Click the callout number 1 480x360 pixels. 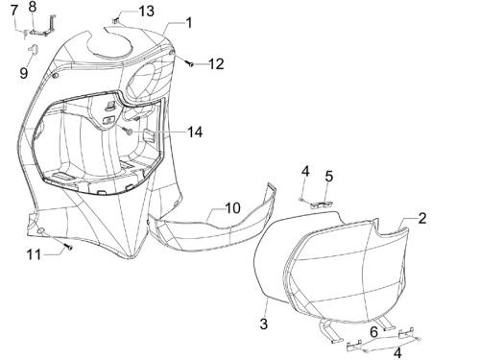tap(189, 23)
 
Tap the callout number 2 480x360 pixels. tap(422, 218)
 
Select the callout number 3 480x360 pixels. tap(263, 324)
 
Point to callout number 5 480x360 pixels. tap(329, 177)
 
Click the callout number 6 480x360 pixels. tap(373, 332)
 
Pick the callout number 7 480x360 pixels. tap(14, 11)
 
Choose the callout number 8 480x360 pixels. tap(33, 7)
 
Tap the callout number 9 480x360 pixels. tap(24, 73)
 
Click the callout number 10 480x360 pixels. tap(233, 208)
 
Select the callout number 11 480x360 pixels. tap(34, 255)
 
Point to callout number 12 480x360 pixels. tap(216, 64)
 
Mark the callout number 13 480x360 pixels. tap(147, 12)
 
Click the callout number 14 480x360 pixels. tap(195, 132)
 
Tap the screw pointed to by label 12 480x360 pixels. tap(190, 63)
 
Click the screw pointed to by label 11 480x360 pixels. tap(68, 247)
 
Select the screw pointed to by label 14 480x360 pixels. tap(129, 131)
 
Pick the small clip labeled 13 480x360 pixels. tap(115, 21)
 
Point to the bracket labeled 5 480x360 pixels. tap(322, 204)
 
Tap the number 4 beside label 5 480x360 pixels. tap(305, 172)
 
